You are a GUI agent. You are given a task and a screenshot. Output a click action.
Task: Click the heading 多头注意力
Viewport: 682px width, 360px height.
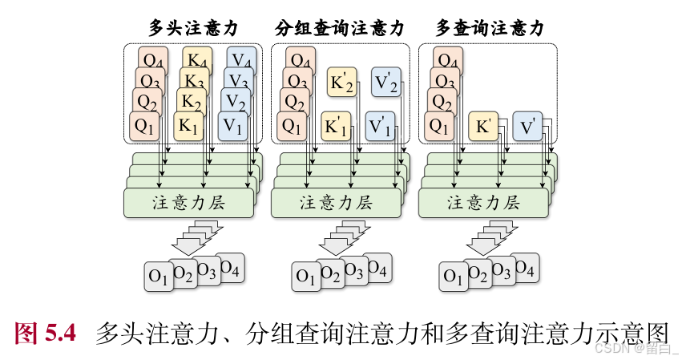pyautogui.click(x=192, y=28)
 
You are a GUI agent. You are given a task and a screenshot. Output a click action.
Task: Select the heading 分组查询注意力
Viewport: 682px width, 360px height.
pyautogui.click(x=339, y=28)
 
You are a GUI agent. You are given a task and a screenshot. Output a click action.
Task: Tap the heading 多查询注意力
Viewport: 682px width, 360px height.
pyautogui.click(x=490, y=28)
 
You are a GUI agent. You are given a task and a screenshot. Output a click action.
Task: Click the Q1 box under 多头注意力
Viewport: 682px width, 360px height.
pyautogui.click(x=144, y=126)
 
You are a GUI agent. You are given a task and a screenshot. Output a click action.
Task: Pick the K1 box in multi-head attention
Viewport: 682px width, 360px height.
pyautogui.click(x=188, y=126)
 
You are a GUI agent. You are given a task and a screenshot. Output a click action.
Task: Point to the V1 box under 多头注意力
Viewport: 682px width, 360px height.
pyautogui.click(x=233, y=126)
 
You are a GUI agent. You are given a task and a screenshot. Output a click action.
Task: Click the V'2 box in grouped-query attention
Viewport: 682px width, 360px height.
pyautogui.click(x=386, y=82)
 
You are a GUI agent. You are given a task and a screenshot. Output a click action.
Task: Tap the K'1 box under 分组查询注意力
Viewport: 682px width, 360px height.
pyautogui.click(x=336, y=126)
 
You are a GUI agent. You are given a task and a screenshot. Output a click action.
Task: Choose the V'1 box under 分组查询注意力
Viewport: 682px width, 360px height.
pyautogui.click(x=380, y=126)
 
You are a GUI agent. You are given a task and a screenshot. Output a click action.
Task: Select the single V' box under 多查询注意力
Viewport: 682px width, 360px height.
pyautogui.click(x=528, y=126)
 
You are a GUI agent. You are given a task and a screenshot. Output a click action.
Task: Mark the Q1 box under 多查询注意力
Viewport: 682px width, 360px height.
pyautogui.click(x=439, y=126)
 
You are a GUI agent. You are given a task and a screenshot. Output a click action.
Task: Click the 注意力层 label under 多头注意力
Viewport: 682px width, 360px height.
pyautogui.click(x=188, y=202)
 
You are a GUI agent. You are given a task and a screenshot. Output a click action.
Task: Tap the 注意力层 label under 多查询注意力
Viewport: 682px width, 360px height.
pyautogui.click(x=483, y=202)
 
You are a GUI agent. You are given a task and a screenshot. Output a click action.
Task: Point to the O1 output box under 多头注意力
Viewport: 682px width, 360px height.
pyautogui.click(x=158, y=277)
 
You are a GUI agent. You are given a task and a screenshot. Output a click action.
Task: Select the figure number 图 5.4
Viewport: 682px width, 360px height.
pyautogui.click(x=46, y=331)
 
